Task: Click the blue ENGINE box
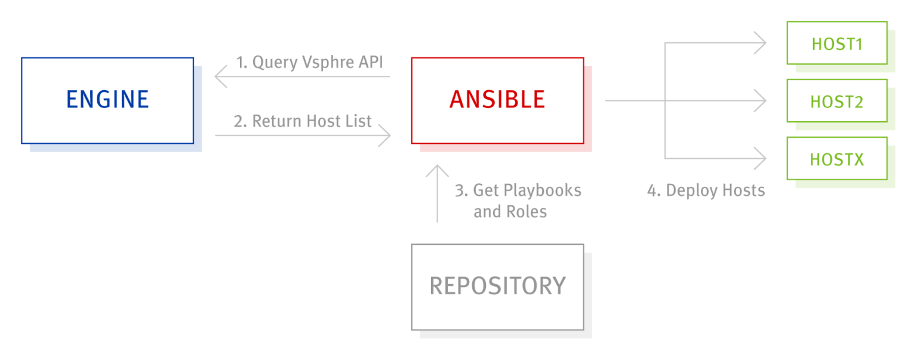pyautogui.click(x=107, y=100)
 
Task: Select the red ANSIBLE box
pyautogui.click(x=497, y=100)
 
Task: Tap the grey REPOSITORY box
pyautogui.click(x=497, y=287)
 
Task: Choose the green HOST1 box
pyautogui.click(x=836, y=43)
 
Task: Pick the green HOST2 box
pyautogui.click(x=836, y=101)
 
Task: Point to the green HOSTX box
pyautogui.click(x=836, y=159)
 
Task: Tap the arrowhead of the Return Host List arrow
pyautogui.click(x=387, y=136)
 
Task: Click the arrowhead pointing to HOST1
pyautogui.click(x=762, y=42)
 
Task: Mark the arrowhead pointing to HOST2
pyautogui.click(x=762, y=100)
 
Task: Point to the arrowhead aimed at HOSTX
pyautogui.click(x=762, y=158)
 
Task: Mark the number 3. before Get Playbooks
pyautogui.click(x=461, y=190)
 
